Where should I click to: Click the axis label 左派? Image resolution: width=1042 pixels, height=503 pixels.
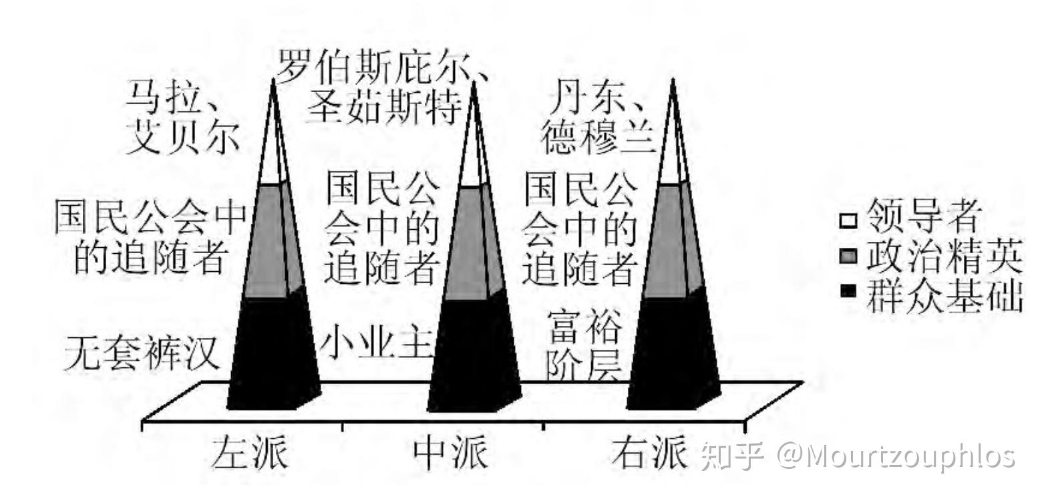248,454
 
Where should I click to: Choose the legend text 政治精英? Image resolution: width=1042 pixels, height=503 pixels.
944,257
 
